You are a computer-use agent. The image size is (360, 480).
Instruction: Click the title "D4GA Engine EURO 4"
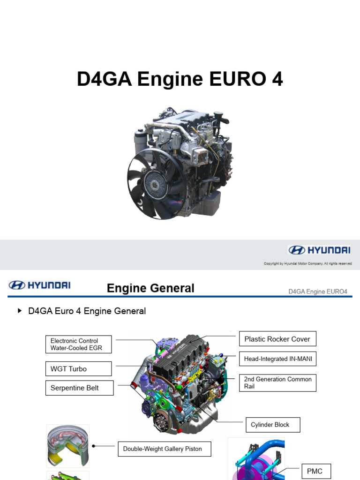click(x=180, y=80)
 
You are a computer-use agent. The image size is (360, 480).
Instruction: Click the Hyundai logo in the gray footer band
click(x=319, y=250)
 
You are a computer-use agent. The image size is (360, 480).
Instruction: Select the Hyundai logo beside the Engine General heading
click(x=39, y=285)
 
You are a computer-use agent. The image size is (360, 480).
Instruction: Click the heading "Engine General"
click(x=150, y=288)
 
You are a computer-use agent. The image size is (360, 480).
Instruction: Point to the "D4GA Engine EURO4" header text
click(x=317, y=292)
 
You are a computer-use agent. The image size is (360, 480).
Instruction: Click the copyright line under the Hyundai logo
click(x=307, y=263)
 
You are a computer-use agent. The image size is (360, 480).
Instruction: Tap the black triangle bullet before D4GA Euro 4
click(x=20, y=310)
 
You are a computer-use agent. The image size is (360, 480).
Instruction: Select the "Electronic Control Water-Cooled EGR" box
click(x=79, y=345)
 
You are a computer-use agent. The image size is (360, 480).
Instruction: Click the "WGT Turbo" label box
click(x=79, y=369)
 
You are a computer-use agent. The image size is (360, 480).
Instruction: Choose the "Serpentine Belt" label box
click(x=79, y=388)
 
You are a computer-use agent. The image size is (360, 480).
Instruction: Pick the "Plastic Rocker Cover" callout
click(x=277, y=339)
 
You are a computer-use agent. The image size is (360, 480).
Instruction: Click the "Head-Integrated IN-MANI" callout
click(x=277, y=359)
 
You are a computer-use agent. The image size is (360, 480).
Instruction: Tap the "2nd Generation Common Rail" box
click(x=277, y=382)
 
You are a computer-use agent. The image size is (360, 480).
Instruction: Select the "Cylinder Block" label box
click(x=272, y=425)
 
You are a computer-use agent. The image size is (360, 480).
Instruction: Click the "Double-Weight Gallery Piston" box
click(x=164, y=449)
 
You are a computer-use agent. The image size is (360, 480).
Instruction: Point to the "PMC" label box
click(x=315, y=471)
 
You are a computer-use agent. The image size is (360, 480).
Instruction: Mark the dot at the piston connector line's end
click(x=94, y=446)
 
